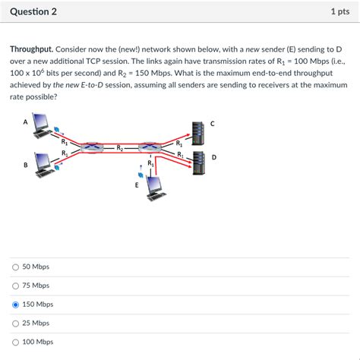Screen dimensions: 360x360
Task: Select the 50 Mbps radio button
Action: pyautogui.click(x=15, y=267)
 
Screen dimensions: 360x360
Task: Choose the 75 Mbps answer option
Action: pyautogui.click(x=15, y=286)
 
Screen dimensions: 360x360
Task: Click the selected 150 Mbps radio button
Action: pyautogui.click(x=15, y=305)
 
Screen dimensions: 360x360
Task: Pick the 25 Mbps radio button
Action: pyautogui.click(x=15, y=324)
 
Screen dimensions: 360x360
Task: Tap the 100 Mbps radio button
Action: pyautogui.click(x=15, y=342)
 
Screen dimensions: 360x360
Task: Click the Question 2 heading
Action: pyautogui.click(x=33, y=11)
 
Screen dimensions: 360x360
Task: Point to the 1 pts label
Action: pyautogui.click(x=340, y=11)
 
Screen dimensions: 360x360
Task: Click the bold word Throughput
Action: pyautogui.click(x=32, y=49)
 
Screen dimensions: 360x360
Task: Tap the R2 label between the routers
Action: pyautogui.click(x=120, y=147)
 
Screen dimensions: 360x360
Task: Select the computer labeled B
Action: pyautogui.click(x=45, y=165)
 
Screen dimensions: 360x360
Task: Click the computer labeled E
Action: pyautogui.click(x=156, y=188)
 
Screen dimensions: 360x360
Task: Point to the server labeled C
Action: pyautogui.click(x=198, y=133)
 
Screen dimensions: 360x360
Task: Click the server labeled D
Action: pyautogui.click(x=199, y=163)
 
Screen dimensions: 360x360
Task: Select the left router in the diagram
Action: pyautogui.click(x=92, y=147)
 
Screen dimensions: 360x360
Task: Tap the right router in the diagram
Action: pyautogui.click(x=150, y=147)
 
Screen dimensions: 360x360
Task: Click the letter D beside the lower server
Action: pyautogui.click(x=214, y=157)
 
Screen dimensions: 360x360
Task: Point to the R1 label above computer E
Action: pyautogui.click(x=150, y=163)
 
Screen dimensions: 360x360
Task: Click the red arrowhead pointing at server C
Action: pyautogui.click(x=188, y=135)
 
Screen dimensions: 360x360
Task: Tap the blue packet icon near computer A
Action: pyautogui.click(x=57, y=129)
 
